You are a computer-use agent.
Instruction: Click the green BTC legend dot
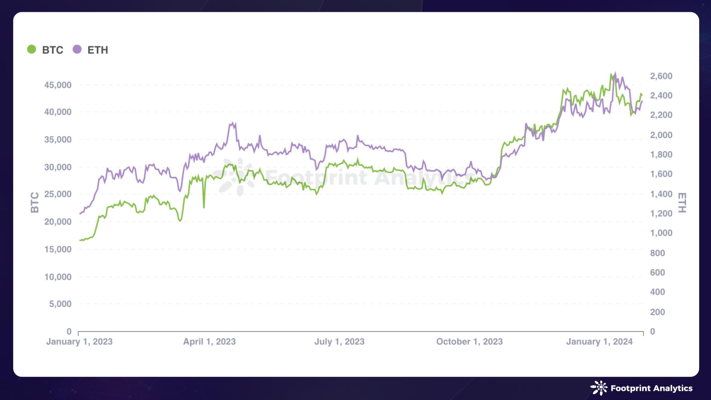pyautogui.click(x=32, y=50)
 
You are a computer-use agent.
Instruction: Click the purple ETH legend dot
pyautogui.click(x=77, y=50)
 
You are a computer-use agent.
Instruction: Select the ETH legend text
pyautogui.click(x=98, y=50)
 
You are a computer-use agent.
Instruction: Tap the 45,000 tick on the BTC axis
pyautogui.click(x=58, y=85)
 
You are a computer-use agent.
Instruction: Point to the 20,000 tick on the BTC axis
pyautogui.click(x=58, y=222)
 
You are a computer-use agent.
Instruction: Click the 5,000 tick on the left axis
pyautogui.click(x=60, y=304)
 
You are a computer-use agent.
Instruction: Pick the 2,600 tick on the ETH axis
pyautogui.click(x=661, y=76)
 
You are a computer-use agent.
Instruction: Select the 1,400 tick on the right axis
pyautogui.click(x=661, y=194)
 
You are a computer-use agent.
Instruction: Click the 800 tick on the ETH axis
pyautogui.click(x=658, y=253)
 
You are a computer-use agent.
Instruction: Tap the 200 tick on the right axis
pyautogui.click(x=658, y=312)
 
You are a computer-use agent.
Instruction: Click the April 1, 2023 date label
pyautogui.click(x=209, y=342)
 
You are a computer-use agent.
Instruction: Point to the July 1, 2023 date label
pyautogui.click(x=339, y=342)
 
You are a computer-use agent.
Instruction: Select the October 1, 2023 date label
pyautogui.click(x=469, y=342)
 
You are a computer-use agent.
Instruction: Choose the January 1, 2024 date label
pyautogui.click(x=599, y=342)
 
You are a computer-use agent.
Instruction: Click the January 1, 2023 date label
pyautogui.click(x=79, y=342)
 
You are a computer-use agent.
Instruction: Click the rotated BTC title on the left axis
pyautogui.click(x=35, y=202)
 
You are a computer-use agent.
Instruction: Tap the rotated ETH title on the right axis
pyautogui.click(x=682, y=203)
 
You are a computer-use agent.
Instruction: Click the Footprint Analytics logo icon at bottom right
pyautogui.click(x=599, y=388)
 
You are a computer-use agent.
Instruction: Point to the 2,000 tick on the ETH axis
pyautogui.click(x=661, y=135)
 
